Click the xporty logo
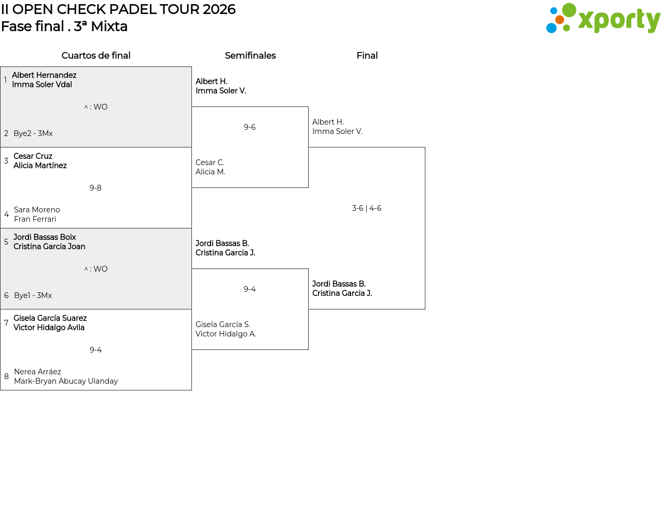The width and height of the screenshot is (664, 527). click(603, 19)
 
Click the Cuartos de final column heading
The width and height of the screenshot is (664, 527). click(96, 56)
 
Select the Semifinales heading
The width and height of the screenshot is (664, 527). click(250, 56)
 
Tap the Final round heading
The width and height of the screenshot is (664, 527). click(367, 56)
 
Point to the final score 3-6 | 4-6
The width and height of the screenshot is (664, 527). click(366, 208)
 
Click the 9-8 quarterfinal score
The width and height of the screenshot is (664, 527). click(95, 188)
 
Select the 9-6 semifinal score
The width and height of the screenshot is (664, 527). click(250, 127)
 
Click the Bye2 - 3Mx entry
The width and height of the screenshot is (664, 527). click(33, 133)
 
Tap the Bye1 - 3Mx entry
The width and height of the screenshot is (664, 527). click(33, 295)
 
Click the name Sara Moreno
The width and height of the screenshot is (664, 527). click(37, 210)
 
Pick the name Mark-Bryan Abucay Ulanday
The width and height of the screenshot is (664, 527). click(66, 381)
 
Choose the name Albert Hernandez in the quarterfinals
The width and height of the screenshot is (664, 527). click(44, 75)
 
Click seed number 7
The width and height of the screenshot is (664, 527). click(6, 323)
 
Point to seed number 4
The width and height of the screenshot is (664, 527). click(6, 214)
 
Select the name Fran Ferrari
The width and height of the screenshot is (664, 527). click(35, 219)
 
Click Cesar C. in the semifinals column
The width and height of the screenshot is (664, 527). click(210, 163)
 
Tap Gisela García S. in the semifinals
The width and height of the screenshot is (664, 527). click(223, 325)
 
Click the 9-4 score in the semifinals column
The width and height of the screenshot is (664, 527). click(250, 289)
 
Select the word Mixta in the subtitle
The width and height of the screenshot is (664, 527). click(109, 26)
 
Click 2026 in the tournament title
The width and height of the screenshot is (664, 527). click(219, 9)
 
